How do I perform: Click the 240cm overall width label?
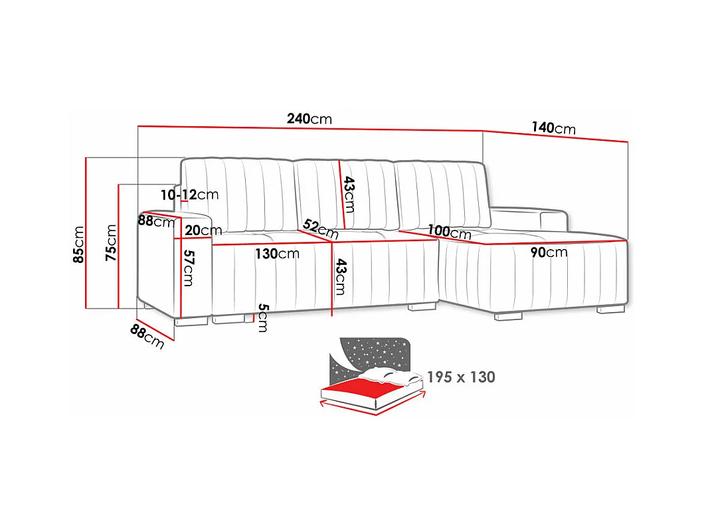tap(309, 119)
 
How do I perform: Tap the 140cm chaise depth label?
tap(553, 128)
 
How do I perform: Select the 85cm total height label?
tap(78, 244)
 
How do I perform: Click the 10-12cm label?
tap(189, 195)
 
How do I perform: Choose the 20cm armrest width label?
tap(203, 230)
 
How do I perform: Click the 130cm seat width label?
tap(277, 253)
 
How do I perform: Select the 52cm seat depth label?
tap(319, 228)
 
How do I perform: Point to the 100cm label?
tap(449, 232)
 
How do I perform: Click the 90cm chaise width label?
tap(548, 252)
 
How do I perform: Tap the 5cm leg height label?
tap(262, 317)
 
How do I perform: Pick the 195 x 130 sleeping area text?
tap(461, 377)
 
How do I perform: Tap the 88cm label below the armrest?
tap(147, 337)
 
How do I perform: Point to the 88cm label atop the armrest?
tap(156, 220)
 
